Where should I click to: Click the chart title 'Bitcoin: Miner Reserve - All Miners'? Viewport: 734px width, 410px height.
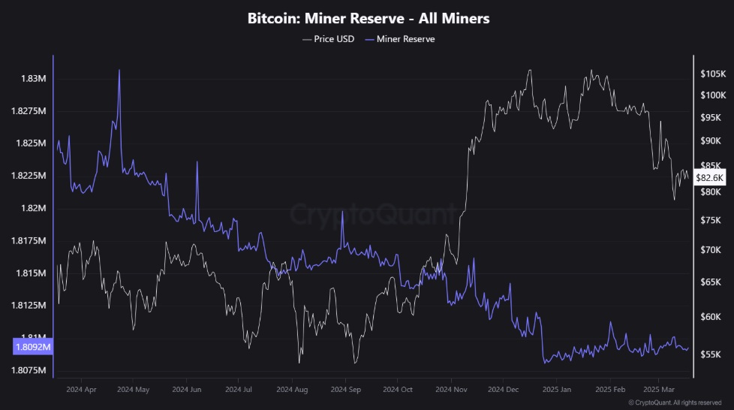click(x=368, y=19)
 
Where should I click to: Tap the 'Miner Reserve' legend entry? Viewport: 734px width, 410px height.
click(x=405, y=39)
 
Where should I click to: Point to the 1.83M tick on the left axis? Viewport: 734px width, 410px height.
click(x=35, y=79)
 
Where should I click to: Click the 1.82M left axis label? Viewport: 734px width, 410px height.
click(x=35, y=208)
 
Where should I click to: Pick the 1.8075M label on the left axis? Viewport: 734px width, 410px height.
click(x=30, y=370)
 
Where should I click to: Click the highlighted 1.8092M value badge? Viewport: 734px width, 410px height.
click(x=33, y=347)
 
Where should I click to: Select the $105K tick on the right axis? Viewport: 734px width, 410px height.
click(x=711, y=74)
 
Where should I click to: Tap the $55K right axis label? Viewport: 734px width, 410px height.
click(x=710, y=354)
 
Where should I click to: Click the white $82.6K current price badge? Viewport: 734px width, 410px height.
click(x=709, y=178)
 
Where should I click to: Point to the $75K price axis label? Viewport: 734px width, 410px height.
click(x=710, y=220)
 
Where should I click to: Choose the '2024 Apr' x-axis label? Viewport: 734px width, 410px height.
click(x=81, y=390)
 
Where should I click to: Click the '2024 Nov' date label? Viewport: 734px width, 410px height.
click(x=451, y=390)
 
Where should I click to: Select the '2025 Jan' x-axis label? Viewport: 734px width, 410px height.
click(x=556, y=390)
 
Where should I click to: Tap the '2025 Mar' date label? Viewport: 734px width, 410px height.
click(x=657, y=390)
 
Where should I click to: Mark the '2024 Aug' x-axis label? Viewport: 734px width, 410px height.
click(x=292, y=390)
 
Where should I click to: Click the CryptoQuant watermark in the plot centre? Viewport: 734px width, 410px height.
click(x=372, y=215)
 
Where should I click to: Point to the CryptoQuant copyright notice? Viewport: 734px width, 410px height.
click(x=675, y=403)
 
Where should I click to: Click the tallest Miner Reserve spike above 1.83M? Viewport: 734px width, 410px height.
click(x=119, y=71)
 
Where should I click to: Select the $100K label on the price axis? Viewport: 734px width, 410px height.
click(x=711, y=95)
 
